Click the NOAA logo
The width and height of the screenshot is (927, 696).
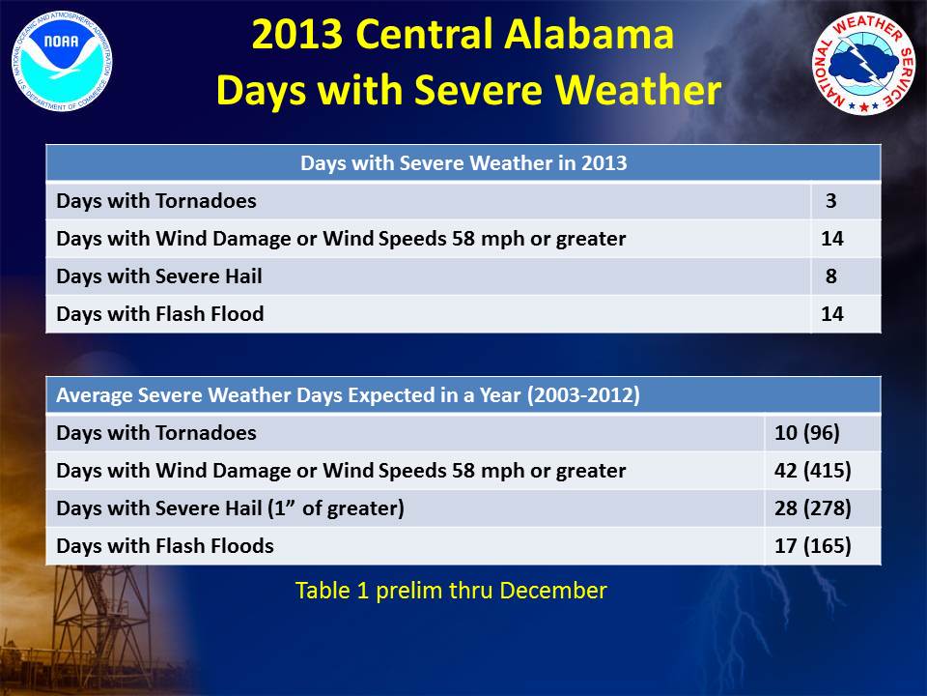[x=62, y=61]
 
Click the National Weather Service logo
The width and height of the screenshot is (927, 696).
[x=863, y=64]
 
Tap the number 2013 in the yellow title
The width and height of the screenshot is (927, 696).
[x=296, y=34]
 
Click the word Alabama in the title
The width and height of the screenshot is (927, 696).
[x=589, y=34]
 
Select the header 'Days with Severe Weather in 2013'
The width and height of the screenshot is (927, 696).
[x=463, y=162]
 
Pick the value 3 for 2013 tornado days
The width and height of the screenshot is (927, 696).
[x=831, y=201]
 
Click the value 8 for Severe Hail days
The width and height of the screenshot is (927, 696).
[x=831, y=275]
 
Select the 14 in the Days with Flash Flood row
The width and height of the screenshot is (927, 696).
[x=831, y=313]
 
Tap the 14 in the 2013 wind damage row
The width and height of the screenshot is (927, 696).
[x=831, y=239]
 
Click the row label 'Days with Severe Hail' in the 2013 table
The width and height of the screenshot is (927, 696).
[x=159, y=276]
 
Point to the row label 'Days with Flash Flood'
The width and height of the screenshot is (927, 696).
[x=160, y=313]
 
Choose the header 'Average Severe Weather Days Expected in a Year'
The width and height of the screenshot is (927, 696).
[x=349, y=394]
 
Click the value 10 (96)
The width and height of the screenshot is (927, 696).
[x=807, y=433]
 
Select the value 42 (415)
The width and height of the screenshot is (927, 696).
[x=813, y=471]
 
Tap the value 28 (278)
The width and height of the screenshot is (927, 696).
[x=813, y=507]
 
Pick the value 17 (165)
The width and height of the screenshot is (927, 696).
[x=813, y=545]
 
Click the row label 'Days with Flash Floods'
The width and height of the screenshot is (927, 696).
[x=165, y=545]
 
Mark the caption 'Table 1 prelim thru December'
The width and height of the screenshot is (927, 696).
[x=451, y=591]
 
